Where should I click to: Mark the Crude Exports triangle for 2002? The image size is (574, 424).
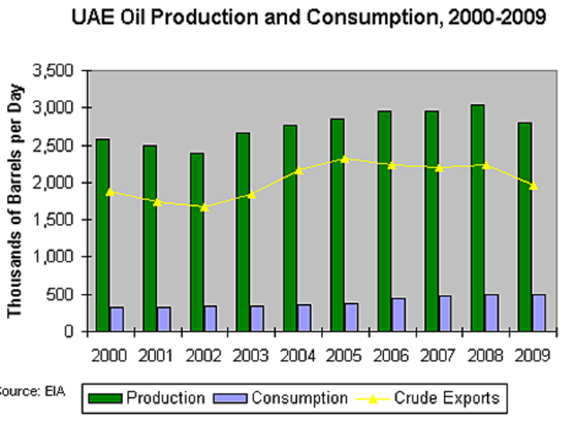tap(204, 207)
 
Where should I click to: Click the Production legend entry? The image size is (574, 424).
tap(152, 397)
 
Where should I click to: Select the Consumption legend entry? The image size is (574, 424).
tap(287, 397)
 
